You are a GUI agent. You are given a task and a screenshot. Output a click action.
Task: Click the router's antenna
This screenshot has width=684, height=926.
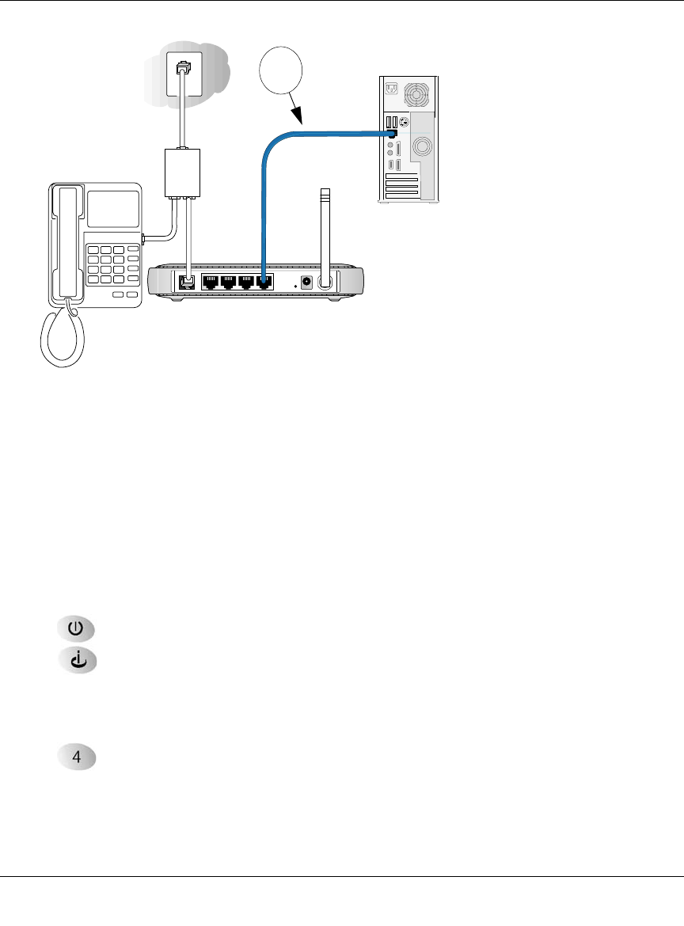(324, 230)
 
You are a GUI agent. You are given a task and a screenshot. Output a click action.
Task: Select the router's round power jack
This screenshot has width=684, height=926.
(306, 283)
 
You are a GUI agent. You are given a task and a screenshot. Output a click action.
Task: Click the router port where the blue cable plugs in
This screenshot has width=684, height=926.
(264, 281)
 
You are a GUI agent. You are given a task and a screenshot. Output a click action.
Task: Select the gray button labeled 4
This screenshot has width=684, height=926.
(76, 757)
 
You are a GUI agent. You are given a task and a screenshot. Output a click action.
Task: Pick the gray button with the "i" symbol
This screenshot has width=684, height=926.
(75, 660)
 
